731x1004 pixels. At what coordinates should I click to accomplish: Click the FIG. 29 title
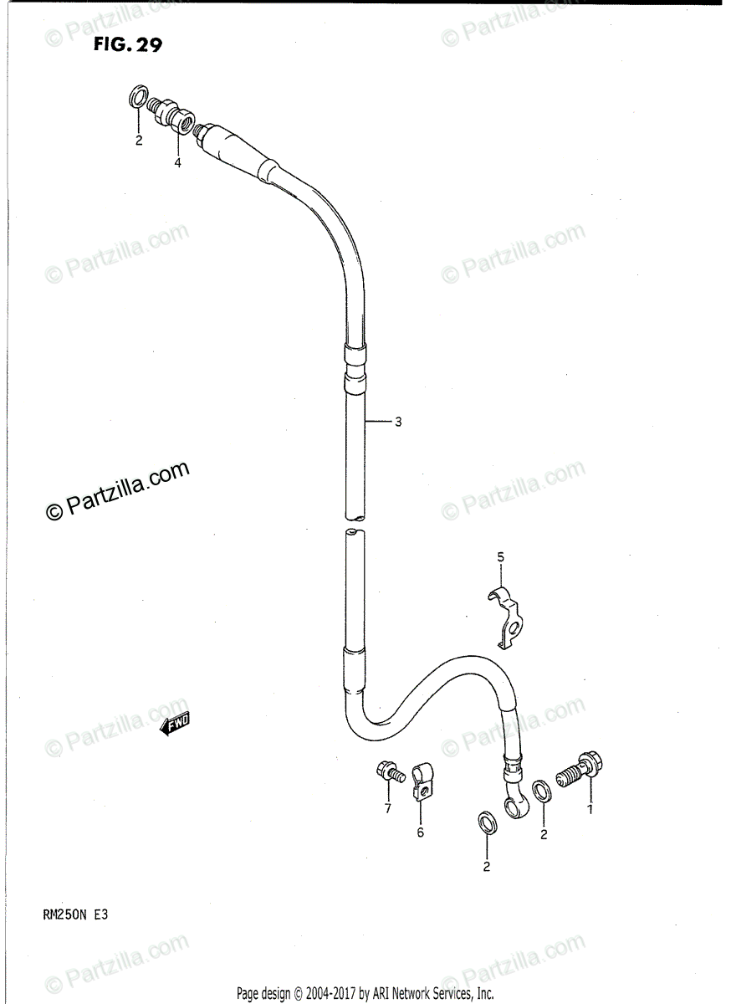[128, 45]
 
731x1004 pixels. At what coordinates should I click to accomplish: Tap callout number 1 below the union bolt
[590, 810]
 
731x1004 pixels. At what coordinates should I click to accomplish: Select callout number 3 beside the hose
[398, 423]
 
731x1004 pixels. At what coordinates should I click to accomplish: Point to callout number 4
[177, 163]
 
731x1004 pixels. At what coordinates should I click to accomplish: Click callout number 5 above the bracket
[500, 557]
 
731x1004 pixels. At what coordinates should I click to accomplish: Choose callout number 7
[387, 808]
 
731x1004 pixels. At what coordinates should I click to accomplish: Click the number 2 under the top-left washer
[140, 140]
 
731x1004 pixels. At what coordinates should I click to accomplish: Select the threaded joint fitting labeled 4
[173, 117]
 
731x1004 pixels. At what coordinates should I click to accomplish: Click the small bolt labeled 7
[390, 771]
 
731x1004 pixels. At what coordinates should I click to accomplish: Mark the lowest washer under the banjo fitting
[486, 822]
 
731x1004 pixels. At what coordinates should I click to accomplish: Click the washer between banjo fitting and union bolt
[542, 788]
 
